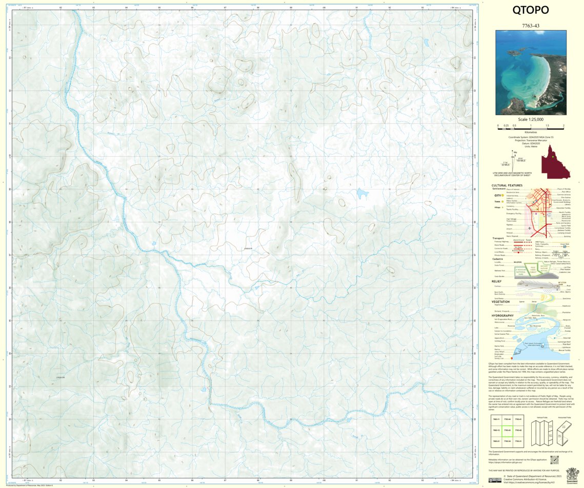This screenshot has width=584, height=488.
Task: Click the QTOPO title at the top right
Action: (530, 10)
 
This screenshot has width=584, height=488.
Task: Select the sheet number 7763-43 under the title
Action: (530, 25)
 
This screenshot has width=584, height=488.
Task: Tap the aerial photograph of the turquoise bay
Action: (531, 72)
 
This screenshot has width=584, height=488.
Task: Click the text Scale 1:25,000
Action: (531, 119)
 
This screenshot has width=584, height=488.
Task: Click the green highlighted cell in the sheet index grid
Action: (507, 430)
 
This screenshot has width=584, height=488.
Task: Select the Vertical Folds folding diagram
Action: (538, 432)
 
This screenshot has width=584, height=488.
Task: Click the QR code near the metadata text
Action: (554, 459)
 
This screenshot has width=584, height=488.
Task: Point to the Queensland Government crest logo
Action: (572, 474)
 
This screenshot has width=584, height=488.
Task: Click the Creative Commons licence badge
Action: (495, 480)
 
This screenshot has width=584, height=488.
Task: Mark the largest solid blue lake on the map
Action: (363, 194)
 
